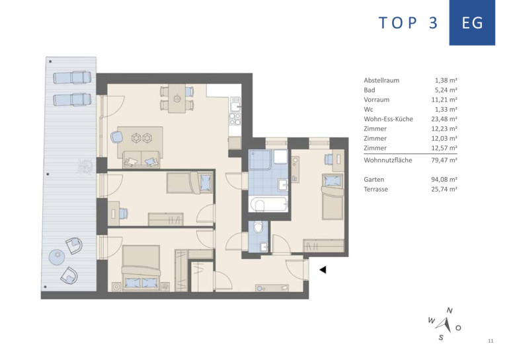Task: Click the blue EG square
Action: [472, 22]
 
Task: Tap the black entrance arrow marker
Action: [323, 270]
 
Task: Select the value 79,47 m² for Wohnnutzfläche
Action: [444, 161]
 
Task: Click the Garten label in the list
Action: [373, 180]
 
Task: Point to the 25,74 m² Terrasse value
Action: [444, 189]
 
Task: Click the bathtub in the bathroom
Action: [268, 204]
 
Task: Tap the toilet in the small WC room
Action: [258, 227]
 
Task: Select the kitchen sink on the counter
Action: [235, 104]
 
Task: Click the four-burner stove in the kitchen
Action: [235, 119]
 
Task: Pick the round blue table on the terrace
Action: [57, 257]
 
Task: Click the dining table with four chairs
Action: [177, 98]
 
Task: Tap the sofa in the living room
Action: [141, 160]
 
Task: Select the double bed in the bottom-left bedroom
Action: [141, 268]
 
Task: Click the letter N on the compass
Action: [450, 310]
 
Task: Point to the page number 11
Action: [490, 341]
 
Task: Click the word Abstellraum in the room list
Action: [381, 81]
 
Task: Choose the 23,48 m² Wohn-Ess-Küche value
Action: [444, 119]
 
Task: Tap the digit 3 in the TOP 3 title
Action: [434, 23]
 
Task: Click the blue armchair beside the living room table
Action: [116, 137]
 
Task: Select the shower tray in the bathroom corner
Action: [259, 160]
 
